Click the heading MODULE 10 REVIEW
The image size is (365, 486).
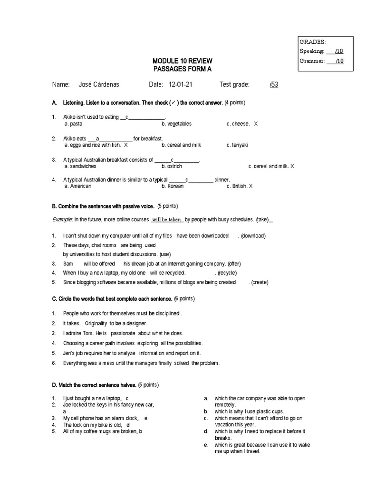[x=182, y=61]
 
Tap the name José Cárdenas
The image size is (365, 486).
[x=99, y=84]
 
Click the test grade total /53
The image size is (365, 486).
[x=274, y=84]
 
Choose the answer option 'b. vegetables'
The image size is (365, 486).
[x=176, y=124]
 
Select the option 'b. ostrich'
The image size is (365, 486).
[x=172, y=166]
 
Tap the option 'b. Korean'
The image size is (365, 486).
[x=173, y=186]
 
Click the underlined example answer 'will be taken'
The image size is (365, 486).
[x=167, y=220]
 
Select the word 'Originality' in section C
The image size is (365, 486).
[x=96, y=323]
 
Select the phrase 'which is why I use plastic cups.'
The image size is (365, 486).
[x=249, y=411]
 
